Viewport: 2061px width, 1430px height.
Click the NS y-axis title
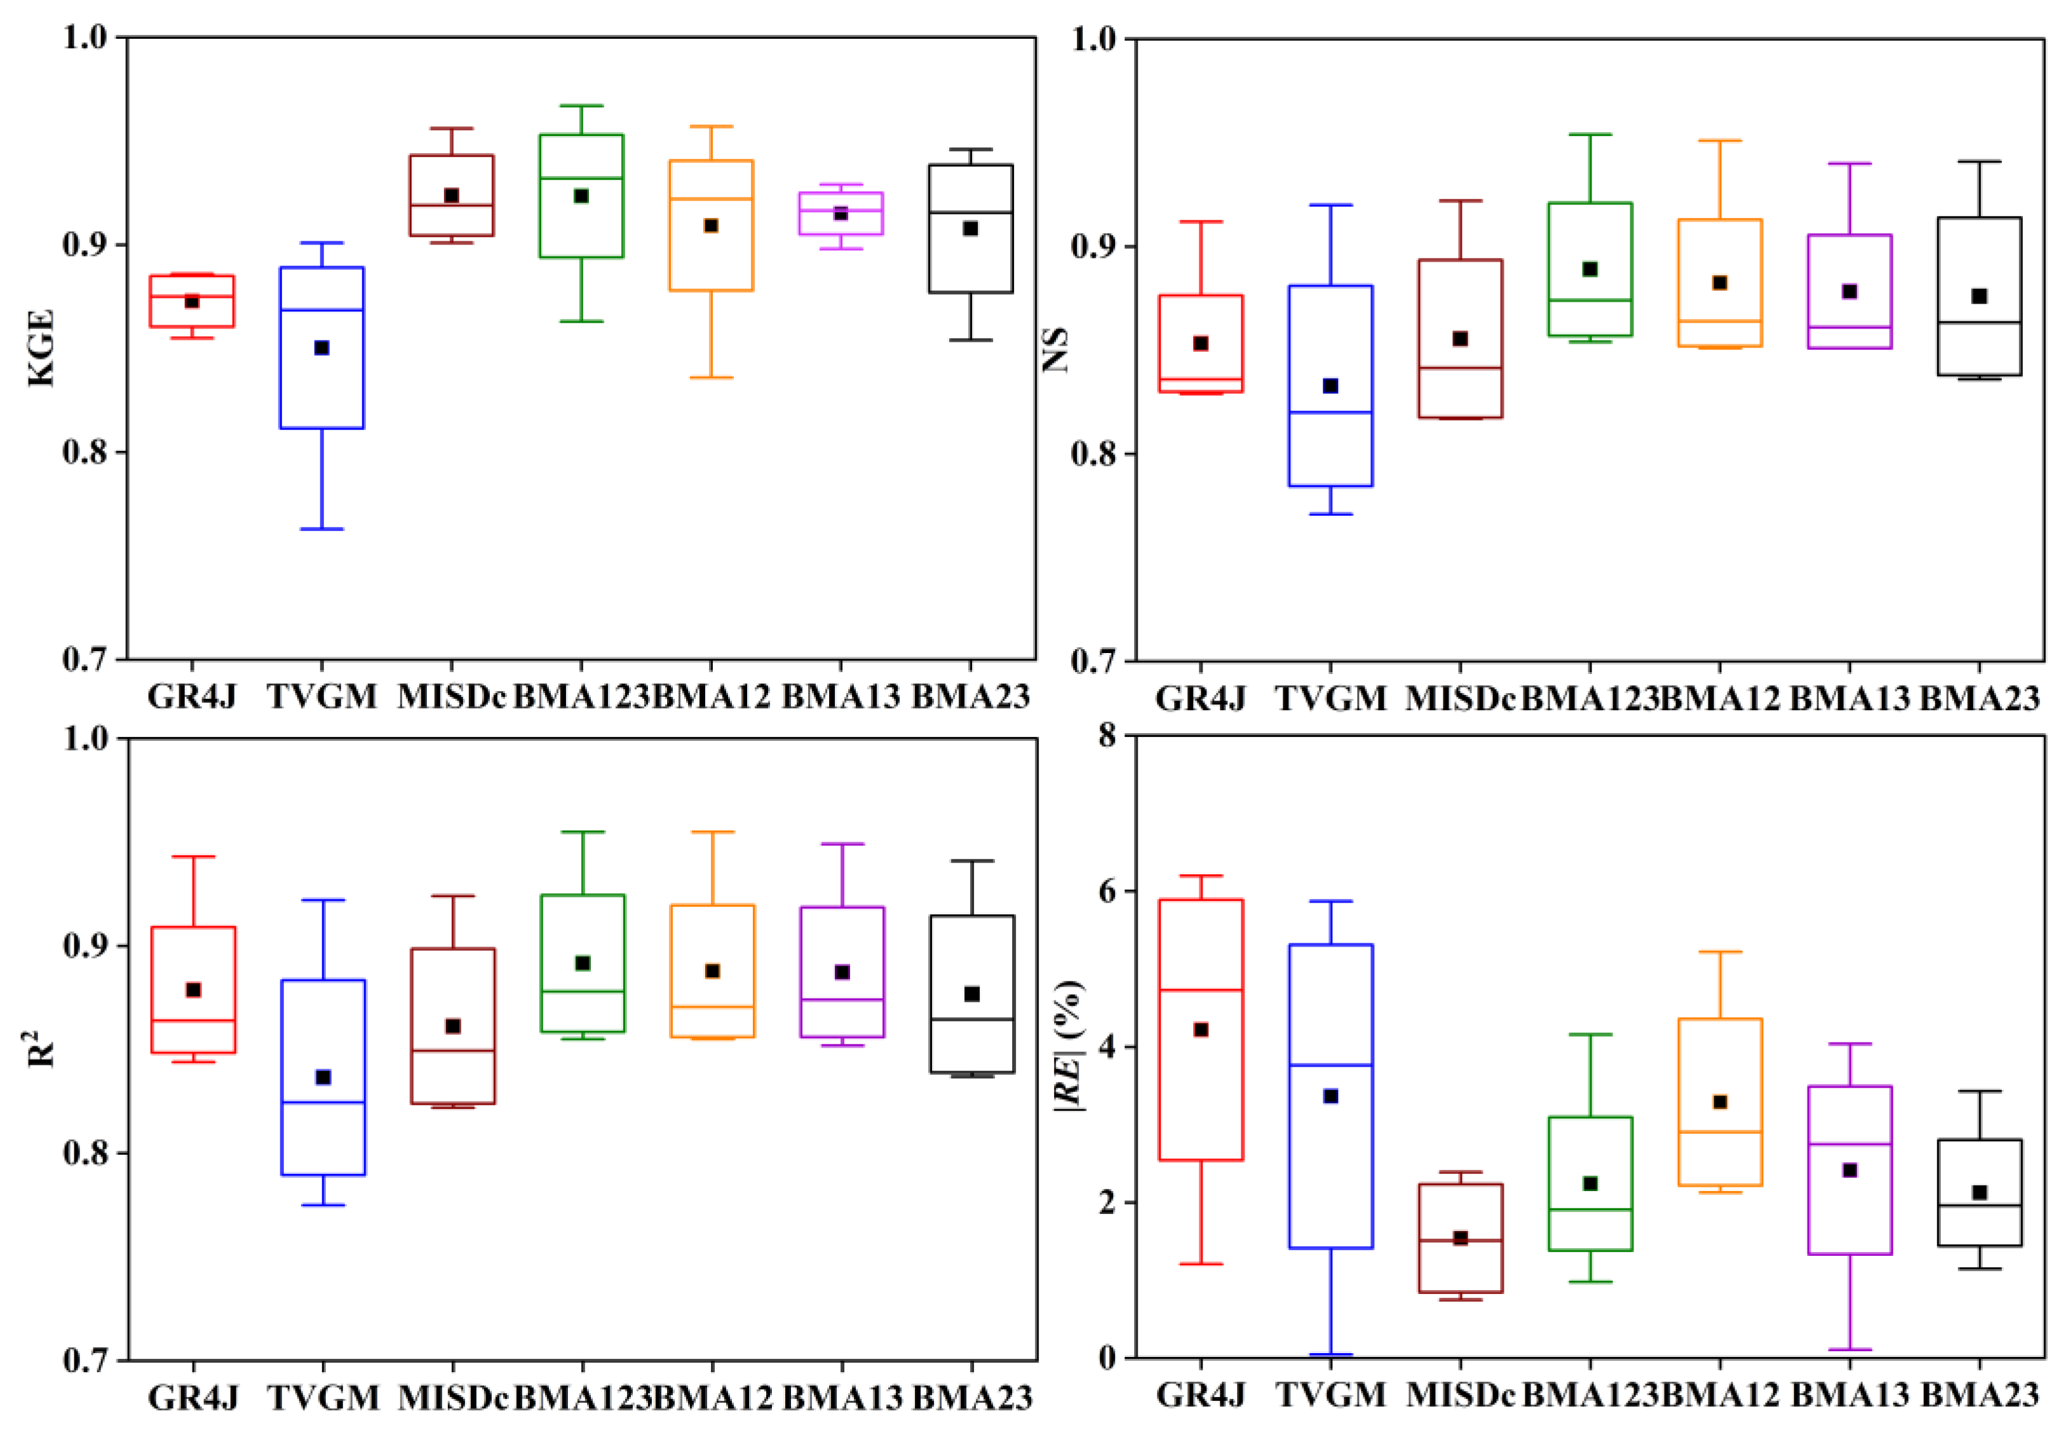(x=1055, y=349)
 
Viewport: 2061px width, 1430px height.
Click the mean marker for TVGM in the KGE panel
(x=321, y=347)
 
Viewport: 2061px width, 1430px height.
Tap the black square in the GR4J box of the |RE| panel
(x=1201, y=1030)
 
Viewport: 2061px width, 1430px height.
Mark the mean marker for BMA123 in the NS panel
(x=1590, y=269)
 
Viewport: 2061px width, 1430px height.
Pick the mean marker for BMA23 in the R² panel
(x=971, y=994)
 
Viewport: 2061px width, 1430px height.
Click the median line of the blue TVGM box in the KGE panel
(x=321, y=310)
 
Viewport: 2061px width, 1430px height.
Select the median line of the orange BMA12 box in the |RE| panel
(x=1720, y=1131)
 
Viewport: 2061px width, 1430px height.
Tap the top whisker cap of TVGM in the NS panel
(x=1330, y=205)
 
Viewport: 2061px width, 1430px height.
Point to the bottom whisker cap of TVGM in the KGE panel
(x=321, y=529)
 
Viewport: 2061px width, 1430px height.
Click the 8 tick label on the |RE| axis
(x=1109, y=736)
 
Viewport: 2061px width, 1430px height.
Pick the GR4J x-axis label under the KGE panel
(x=192, y=696)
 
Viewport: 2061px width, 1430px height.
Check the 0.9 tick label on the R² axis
(x=85, y=945)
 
